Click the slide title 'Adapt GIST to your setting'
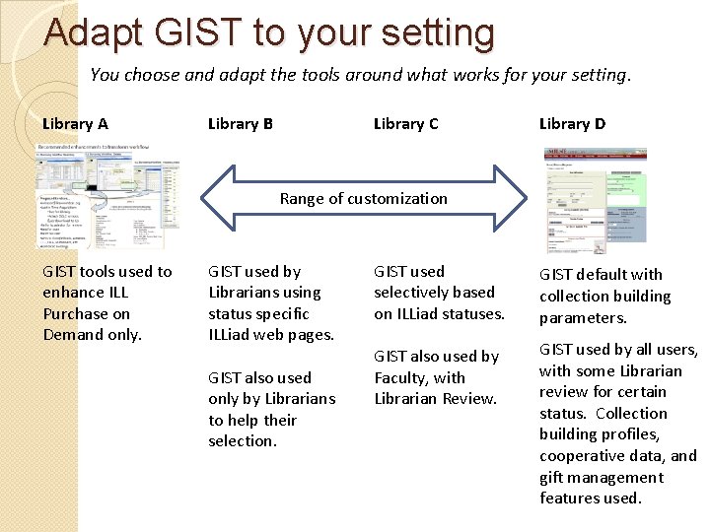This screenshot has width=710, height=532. (x=269, y=33)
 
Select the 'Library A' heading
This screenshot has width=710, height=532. (x=75, y=124)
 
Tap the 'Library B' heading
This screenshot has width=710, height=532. (x=241, y=124)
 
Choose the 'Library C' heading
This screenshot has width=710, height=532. (x=405, y=124)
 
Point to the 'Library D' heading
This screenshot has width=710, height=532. (x=572, y=124)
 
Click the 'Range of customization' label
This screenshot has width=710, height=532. (x=363, y=198)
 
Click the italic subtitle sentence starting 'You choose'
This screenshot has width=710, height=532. (x=360, y=74)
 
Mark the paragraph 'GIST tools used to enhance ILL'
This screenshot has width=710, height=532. (x=106, y=303)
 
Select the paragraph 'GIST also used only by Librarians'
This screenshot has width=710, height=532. (x=271, y=409)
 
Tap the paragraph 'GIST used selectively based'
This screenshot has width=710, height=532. (x=439, y=293)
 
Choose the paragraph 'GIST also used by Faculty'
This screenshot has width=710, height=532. (x=437, y=377)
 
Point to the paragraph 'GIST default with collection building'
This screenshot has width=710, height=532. (x=604, y=296)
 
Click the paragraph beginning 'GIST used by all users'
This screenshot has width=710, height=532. (x=617, y=424)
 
